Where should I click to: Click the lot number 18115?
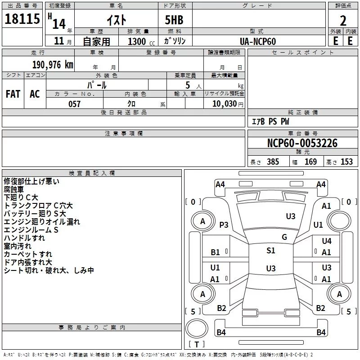point(22,20)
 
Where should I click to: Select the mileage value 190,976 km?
point(53,65)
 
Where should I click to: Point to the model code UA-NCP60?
point(258,41)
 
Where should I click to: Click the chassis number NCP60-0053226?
point(302,143)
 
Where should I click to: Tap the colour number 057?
point(75,104)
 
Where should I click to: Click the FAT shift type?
point(13,94)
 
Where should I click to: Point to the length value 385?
point(273,162)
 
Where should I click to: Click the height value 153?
point(346,162)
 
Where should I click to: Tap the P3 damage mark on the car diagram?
point(224,225)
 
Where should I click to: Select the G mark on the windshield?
point(284,237)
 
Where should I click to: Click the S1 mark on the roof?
point(271,251)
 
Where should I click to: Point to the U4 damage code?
point(326,241)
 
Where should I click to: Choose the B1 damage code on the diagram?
point(216,252)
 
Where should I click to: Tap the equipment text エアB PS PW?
point(270,121)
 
